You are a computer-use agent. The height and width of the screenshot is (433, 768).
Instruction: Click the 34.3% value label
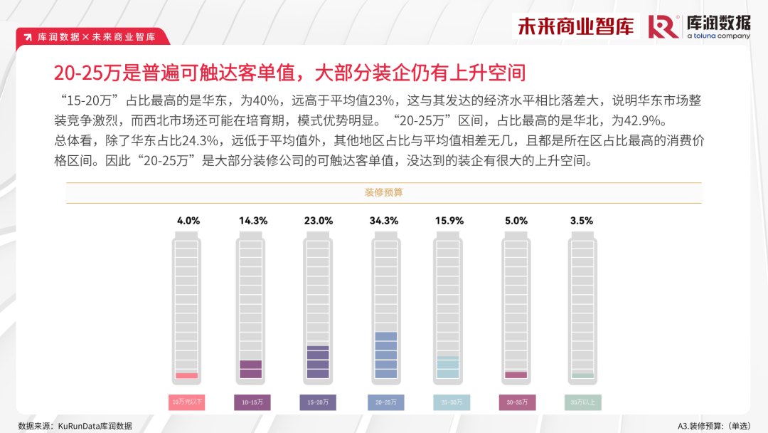tap(384, 221)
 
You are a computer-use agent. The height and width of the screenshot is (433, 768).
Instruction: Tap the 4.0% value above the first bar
tap(188, 221)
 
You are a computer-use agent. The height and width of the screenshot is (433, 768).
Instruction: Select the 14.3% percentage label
tap(253, 221)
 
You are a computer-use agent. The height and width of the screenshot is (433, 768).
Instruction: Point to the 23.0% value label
tap(319, 221)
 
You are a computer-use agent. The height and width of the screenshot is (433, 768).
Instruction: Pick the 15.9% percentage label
tap(449, 221)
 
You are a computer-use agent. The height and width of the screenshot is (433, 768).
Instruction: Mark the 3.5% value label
tap(581, 221)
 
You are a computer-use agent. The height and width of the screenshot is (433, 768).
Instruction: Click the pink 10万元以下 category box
tap(187, 402)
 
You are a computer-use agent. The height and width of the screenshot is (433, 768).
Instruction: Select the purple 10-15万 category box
tap(252, 402)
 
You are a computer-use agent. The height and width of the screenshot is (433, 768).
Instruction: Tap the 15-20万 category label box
tap(318, 402)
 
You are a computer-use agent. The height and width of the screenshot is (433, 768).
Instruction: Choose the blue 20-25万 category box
tap(385, 402)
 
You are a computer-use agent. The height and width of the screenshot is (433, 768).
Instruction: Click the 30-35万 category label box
tap(517, 402)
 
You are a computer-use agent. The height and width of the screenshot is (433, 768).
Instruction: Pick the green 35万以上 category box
tap(582, 402)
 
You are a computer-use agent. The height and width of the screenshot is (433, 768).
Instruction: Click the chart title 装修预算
tap(384, 193)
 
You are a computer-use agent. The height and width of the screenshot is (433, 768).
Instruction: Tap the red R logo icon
tap(663, 26)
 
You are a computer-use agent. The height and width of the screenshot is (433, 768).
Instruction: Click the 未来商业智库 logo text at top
tap(575, 26)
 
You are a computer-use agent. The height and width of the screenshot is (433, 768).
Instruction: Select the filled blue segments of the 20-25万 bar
tap(385, 355)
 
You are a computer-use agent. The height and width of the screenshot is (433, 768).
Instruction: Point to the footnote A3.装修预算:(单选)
tap(713, 426)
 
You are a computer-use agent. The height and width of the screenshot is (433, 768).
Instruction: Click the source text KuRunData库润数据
tap(96, 426)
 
